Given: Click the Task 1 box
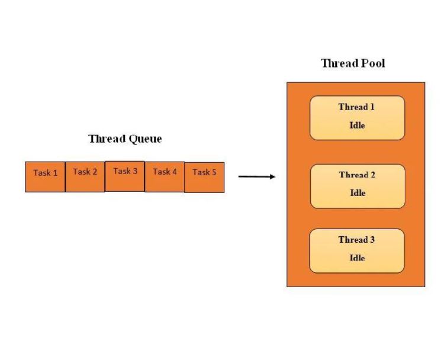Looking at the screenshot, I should (45, 176).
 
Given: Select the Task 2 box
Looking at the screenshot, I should (85, 176).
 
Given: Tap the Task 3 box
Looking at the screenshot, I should (124, 176).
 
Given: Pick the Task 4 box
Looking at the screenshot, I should (165, 176).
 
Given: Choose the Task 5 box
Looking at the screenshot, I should (204, 177).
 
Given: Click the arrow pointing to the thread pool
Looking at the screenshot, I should (256, 176).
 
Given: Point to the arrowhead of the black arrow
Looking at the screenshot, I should (272, 176).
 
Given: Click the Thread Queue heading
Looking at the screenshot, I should (125, 139).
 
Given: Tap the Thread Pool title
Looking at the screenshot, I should (353, 63).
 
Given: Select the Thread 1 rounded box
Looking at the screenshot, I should (357, 118).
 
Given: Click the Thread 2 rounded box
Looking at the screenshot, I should (357, 186).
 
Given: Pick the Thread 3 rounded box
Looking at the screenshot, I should (356, 250).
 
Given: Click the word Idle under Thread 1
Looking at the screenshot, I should (357, 126).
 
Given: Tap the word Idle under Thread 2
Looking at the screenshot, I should (357, 193).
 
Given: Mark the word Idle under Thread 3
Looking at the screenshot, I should (357, 258).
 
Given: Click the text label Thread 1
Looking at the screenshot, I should (356, 107).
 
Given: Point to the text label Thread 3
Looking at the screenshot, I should (356, 240).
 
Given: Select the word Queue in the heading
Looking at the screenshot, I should (145, 139).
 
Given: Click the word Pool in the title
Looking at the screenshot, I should (373, 63).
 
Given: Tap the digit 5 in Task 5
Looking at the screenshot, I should (214, 173).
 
